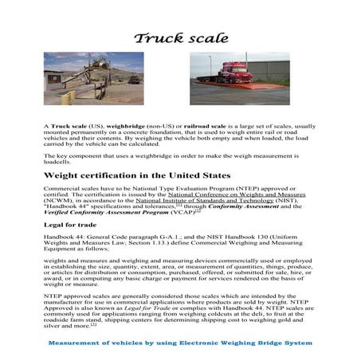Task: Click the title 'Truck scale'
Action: click(181, 37)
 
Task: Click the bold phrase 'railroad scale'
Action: click(198, 127)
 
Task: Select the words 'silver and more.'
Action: click(66, 325)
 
